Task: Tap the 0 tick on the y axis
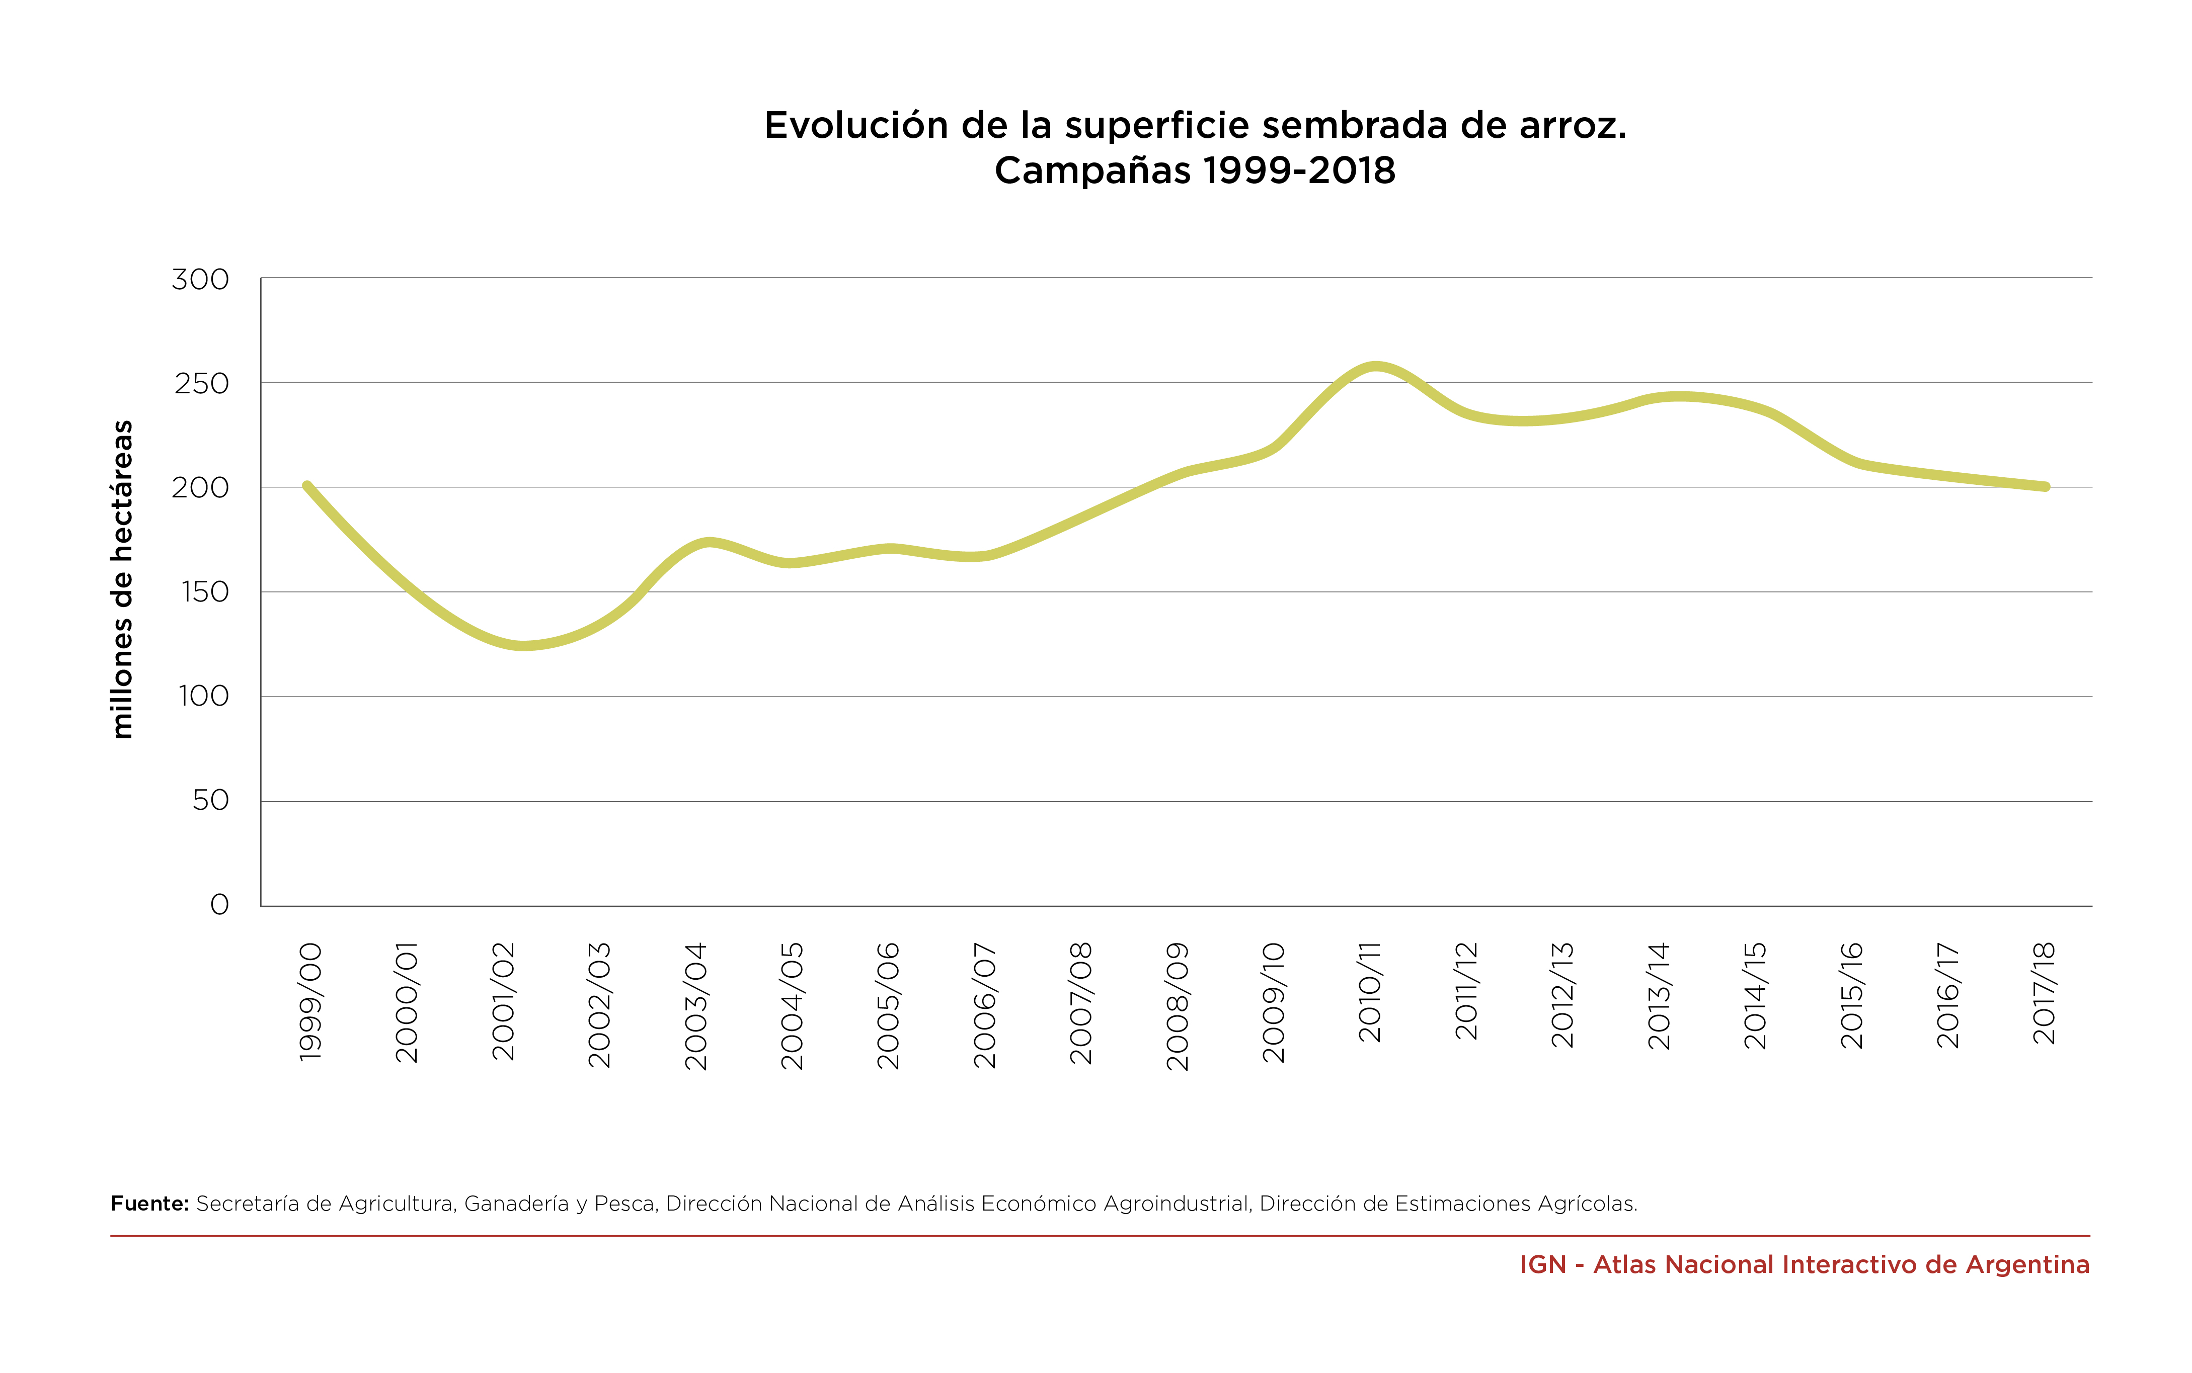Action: [x=219, y=904]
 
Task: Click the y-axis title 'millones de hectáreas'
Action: [x=122, y=579]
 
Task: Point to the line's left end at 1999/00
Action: [x=307, y=486]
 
